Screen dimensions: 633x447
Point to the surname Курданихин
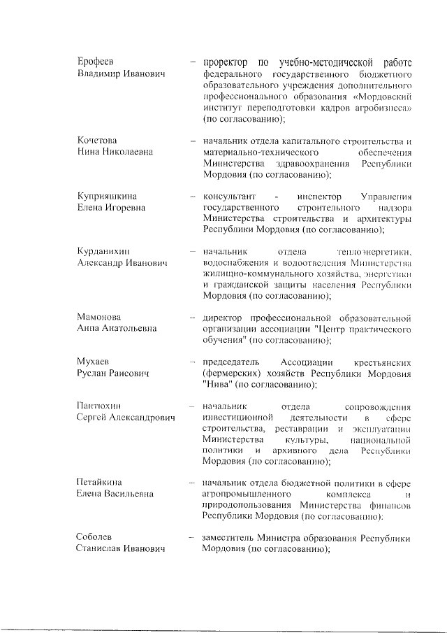[103, 250]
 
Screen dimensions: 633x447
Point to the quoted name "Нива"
[216, 385]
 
